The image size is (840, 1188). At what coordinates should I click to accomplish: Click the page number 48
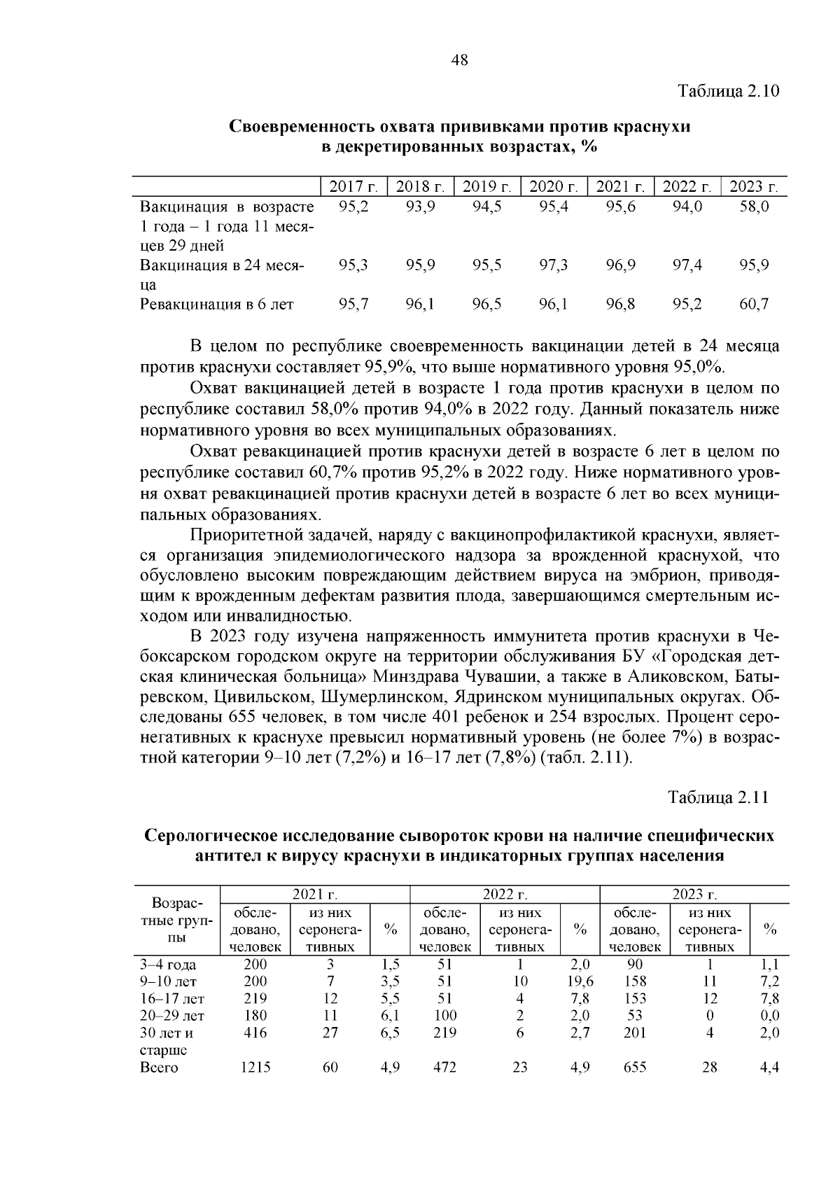tap(459, 60)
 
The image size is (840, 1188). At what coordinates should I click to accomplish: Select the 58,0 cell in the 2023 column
tap(754, 207)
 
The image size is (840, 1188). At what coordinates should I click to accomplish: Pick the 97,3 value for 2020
tap(553, 265)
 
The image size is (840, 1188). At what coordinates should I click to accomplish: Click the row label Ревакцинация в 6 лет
tap(216, 305)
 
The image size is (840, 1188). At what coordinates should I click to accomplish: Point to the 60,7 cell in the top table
tap(754, 305)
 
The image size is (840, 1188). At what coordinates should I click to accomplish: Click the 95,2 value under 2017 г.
tap(353, 207)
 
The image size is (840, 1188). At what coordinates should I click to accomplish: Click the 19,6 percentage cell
tap(580, 981)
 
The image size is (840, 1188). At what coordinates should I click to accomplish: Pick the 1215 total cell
tap(255, 1068)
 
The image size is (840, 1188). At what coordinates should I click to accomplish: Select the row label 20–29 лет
tap(172, 1016)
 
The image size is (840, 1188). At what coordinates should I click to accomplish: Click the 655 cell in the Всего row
tap(634, 1068)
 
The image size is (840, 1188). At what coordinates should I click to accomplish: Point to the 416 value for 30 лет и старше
tap(255, 1033)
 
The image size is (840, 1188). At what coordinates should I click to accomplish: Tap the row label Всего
tap(160, 1068)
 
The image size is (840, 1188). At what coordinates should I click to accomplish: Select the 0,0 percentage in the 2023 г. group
tap(769, 1016)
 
